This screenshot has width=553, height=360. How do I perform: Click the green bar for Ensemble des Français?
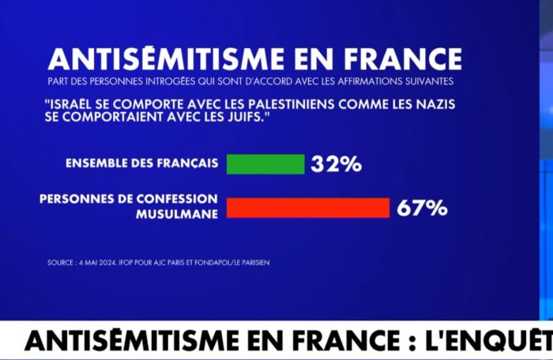point(265,163)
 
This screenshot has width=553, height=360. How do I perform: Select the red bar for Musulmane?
point(308,208)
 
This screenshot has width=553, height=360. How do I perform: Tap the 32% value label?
point(336,164)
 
